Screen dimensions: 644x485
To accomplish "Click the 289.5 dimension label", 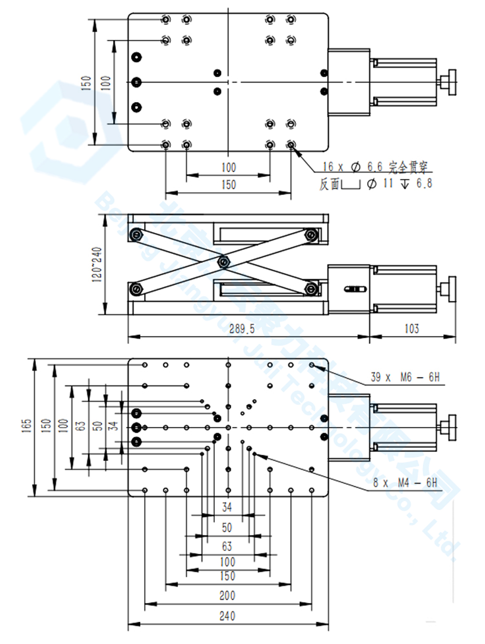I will [242, 329].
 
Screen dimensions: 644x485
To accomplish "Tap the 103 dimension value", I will [412, 329].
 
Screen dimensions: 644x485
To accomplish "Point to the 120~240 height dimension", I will [97, 264].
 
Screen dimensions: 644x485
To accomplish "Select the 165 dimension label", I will [27, 426].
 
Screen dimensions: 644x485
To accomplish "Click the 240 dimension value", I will [227, 616].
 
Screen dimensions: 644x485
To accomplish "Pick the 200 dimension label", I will [227, 595].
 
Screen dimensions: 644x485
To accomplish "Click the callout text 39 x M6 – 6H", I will [405, 377].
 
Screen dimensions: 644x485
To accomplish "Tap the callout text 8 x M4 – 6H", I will [404, 482].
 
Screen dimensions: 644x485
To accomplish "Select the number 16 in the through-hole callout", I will [328, 167].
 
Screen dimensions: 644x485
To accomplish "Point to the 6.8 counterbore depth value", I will [424, 183].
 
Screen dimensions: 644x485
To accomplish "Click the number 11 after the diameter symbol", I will [388, 183].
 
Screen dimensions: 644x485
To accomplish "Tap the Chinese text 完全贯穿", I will [408, 167].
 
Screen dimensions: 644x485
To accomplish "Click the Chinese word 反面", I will [329, 184].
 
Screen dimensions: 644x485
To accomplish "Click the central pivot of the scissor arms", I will [223, 263].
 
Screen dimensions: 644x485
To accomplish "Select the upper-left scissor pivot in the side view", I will [136, 235].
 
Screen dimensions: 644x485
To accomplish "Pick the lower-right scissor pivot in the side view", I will [310, 289].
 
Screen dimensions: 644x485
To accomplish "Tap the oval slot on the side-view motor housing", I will [355, 290].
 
